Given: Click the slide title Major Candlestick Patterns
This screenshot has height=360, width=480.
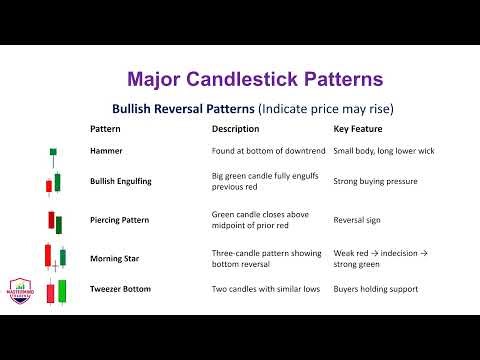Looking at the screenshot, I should pyautogui.click(x=255, y=78).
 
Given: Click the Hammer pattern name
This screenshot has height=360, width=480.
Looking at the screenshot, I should pyautogui.click(x=106, y=151).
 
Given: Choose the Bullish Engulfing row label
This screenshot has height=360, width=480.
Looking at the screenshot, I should pyautogui.click(x=121, y=182).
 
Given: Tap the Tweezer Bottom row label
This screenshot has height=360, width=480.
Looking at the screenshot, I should pyautogui.click(x=121, y=290).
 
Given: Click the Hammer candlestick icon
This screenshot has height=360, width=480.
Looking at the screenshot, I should pyautogui.click(x=52, y=154).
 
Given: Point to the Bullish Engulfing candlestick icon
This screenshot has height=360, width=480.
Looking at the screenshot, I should pyautogui.click(x=52, y=183).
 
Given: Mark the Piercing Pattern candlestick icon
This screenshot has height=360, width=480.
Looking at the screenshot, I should pyautogui.click(x=52, y=220).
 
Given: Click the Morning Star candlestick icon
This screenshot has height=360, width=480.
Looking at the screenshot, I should pyautogui.click(x=54, y=256).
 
